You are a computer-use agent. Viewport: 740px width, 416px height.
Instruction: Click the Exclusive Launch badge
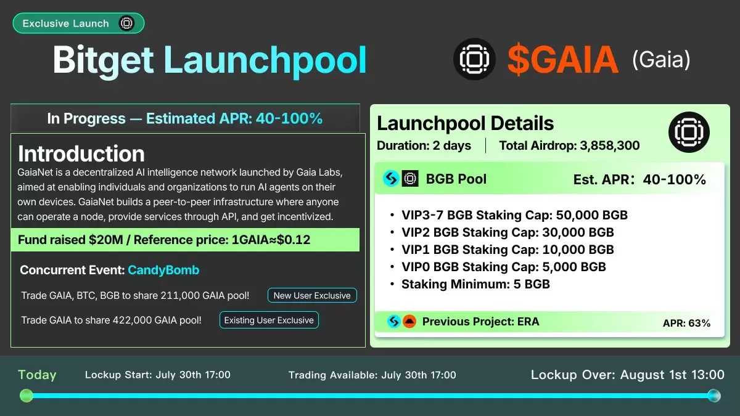(79, 23)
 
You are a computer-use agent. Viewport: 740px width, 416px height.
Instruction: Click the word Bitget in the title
(103, 61)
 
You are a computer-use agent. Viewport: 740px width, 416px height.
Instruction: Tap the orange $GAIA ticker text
(563, 59)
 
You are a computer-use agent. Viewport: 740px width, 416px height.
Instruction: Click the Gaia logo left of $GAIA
(474, 59)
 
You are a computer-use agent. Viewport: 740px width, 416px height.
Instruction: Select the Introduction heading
(81, 153)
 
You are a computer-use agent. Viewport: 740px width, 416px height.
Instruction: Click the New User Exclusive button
(312, 295)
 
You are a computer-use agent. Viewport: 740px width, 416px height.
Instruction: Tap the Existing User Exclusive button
(269, 320)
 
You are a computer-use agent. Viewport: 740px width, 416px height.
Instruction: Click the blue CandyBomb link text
(163, 270)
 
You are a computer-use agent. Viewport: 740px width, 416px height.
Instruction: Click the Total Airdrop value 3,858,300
(610, 145)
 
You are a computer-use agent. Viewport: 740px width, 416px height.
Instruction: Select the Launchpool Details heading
(465, 123)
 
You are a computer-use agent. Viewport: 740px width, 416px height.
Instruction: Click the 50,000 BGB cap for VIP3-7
(591, 215)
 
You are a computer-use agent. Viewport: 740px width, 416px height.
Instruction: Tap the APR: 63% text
(686, 323)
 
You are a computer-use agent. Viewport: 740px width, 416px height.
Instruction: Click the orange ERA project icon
(409, 321)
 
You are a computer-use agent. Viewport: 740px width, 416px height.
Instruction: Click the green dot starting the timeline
(27, 396)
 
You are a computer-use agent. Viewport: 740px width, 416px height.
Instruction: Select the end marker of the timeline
(714, 396)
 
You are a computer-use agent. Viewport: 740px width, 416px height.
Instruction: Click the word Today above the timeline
(37, 375)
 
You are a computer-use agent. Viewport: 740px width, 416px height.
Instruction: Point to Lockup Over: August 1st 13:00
(628, 375)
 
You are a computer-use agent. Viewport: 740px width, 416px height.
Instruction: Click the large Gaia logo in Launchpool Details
(689, 132)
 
